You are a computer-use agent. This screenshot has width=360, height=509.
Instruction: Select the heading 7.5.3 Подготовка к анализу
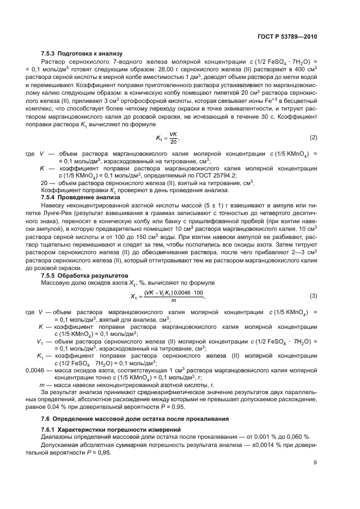pos(82,53)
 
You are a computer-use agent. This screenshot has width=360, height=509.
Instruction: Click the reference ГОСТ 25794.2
pos(213,176)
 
